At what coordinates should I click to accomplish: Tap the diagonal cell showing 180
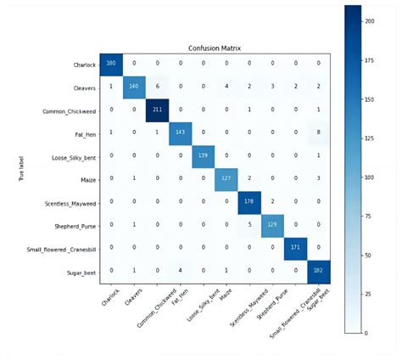[111, 63]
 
